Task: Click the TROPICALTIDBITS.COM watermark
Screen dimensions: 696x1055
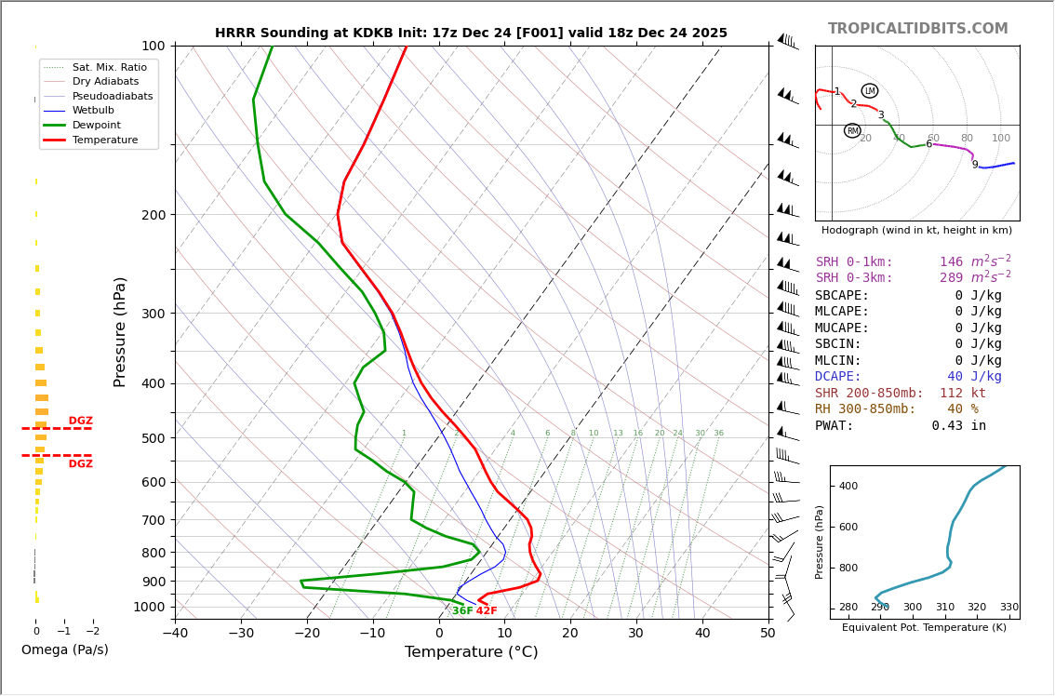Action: [917, 29]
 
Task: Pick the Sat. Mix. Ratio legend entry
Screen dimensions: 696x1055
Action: [109, 67]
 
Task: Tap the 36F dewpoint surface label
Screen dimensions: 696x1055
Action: [461, 611]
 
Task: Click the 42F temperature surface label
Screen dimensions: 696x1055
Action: [487, 611]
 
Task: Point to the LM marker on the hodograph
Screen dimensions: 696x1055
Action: [870, 91]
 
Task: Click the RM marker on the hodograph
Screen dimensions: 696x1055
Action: [852, 131]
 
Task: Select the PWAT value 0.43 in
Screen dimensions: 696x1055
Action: [958, 426]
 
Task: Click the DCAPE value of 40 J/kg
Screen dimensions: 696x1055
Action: [974, 377]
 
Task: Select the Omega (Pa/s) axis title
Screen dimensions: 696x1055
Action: [64, 650]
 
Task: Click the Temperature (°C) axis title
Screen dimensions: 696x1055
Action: [471, 653]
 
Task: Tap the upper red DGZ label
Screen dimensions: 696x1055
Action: [80, 422]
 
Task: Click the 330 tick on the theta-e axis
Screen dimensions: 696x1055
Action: [1008, 608]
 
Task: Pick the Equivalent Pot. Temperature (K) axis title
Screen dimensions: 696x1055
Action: [924, 628]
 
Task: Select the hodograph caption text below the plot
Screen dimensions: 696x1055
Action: [916, 231]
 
